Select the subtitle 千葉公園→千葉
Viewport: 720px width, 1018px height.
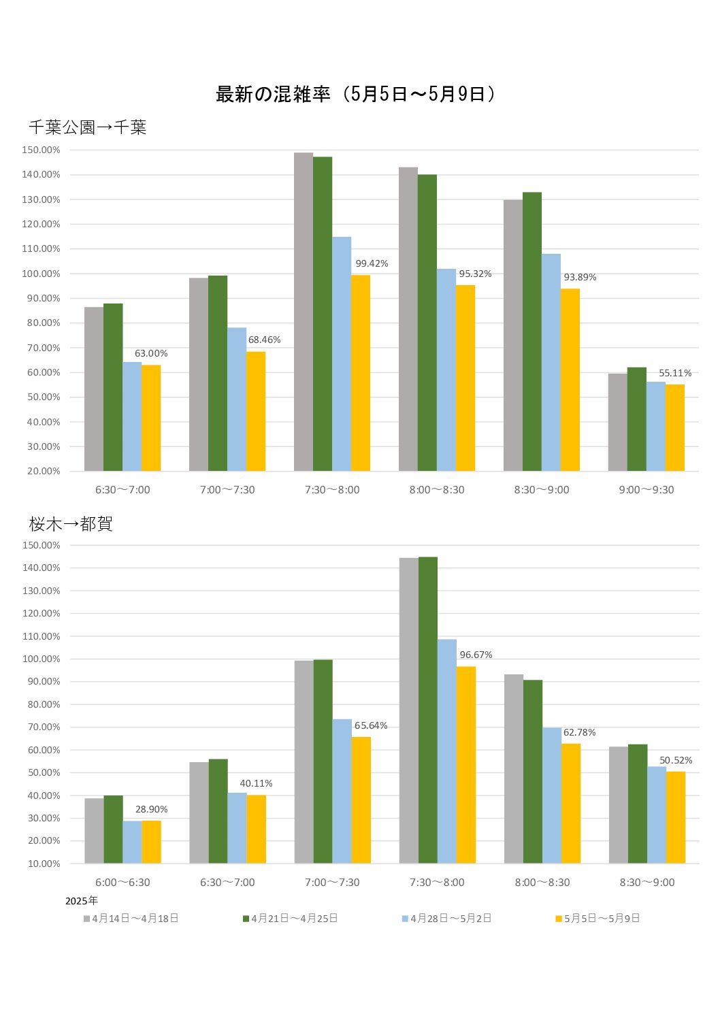click(x=87, y=127)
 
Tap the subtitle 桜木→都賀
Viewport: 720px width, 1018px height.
click(x=71, y=524)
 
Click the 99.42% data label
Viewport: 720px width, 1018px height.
click(x=372, y=264)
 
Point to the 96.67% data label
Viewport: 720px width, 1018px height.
click(x=476, y=655)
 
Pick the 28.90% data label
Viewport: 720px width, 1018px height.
click(x=151, y=809)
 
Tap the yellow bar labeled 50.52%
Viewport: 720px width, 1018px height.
click(x=676, y=817)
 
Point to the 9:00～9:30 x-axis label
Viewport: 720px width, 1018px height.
click(x=647, y=490)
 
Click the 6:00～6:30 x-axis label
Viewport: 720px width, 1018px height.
click(x=122, y=883)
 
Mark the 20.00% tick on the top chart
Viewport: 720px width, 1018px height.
click(x=44, y=471)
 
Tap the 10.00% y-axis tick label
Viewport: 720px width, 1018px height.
click(x=44, y=864)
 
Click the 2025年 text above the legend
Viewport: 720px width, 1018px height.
click(x=82, y=901)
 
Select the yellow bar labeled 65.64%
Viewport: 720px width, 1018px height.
click(x=361, y=800)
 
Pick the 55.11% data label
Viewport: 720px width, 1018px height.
click(x=675, y=373)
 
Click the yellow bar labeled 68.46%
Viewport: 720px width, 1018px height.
click(x=256, y=411)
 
